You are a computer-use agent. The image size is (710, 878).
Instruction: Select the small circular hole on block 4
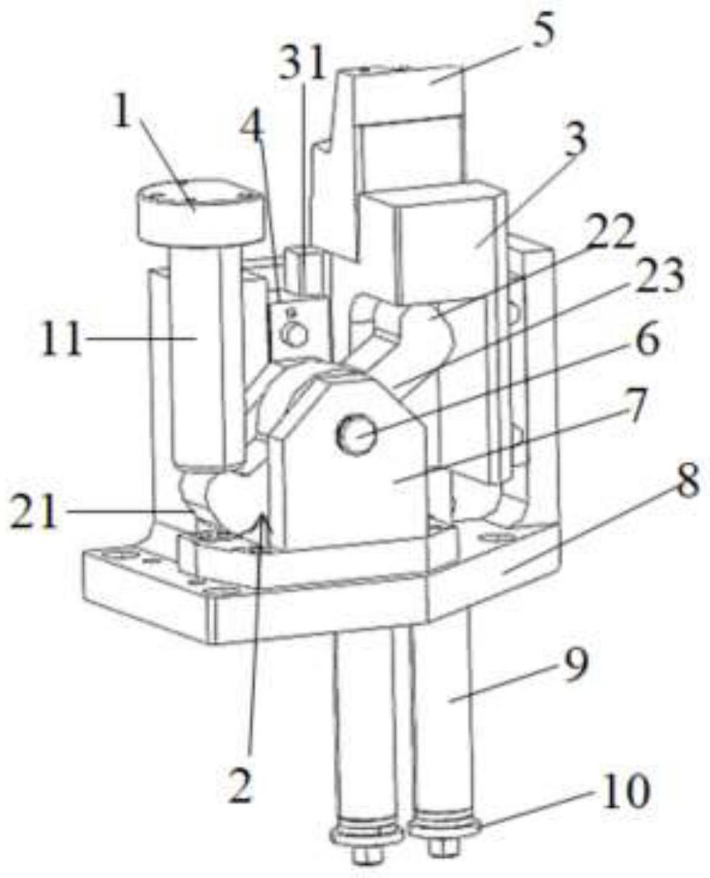pyautogui.click(x=294, y=335)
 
